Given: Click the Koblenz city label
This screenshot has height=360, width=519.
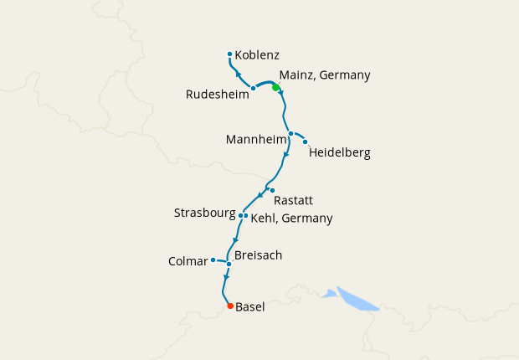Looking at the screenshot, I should pos(258,55).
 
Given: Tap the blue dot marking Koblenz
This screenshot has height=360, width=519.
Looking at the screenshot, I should pos(230,55).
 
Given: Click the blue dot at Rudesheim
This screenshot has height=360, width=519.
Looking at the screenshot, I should pos(253,88).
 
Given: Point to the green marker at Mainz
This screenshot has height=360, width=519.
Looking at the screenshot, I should pos(275,88).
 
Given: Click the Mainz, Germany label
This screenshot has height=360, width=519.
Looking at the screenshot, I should pos(324,75).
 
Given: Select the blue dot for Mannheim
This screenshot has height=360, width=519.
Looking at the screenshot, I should pos(290,133).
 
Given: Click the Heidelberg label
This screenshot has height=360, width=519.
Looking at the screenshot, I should pos(339,153).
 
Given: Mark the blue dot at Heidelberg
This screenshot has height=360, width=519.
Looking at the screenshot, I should pos(306,141).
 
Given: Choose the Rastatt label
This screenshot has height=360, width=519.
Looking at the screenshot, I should pos(294,202).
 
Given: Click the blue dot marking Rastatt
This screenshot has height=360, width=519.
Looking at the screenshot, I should pos(272,190).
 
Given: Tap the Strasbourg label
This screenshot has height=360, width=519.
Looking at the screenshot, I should pos(204,213).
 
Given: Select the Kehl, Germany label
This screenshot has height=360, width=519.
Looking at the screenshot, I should pos(291,219).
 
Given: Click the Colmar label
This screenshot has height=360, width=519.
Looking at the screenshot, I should pos(188,261).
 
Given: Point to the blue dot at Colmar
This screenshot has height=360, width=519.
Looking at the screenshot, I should pos(213,260).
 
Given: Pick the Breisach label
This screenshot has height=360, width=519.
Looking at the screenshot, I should pos(259,255).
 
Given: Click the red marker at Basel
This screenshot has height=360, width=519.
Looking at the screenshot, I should pos(230,306).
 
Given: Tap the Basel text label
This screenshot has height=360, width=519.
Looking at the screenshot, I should pos(250,307).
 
